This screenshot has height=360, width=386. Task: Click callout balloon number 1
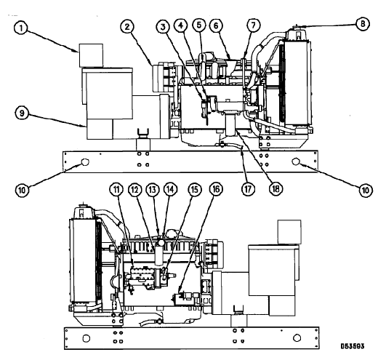pos(21,28)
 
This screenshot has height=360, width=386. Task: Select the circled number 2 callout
pos(127,27)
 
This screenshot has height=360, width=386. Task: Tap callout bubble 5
pos(199,25)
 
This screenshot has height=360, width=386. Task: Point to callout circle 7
pos(253,25)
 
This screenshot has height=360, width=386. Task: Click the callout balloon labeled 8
pos(363,24)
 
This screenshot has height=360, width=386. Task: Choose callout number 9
pos(22,113)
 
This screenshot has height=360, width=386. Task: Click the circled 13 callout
pos(153,190)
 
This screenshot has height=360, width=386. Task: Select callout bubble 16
pos(216,189)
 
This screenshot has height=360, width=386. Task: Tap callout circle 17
pos(248,189)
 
